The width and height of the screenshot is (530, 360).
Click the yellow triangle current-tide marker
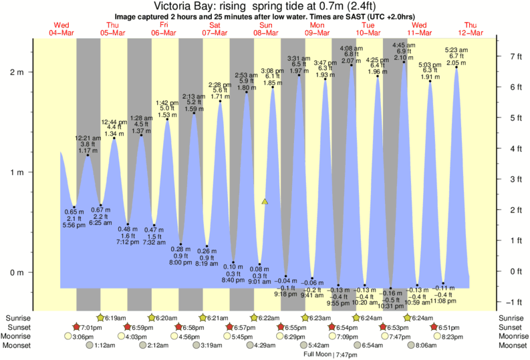click(x=265, y=201)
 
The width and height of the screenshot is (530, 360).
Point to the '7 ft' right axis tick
click(x=516, y=56)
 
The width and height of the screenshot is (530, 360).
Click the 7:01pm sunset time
click(x=91, y=327)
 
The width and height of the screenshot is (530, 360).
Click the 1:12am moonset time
click(x=107, y=345)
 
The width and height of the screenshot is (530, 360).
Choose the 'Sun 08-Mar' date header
click(x=266, y=29)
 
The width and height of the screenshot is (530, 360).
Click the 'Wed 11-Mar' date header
click(x=419, y=29)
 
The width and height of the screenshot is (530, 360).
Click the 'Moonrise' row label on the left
click(x=21, y=337)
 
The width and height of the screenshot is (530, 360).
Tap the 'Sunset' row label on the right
click(x=511, y=327)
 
